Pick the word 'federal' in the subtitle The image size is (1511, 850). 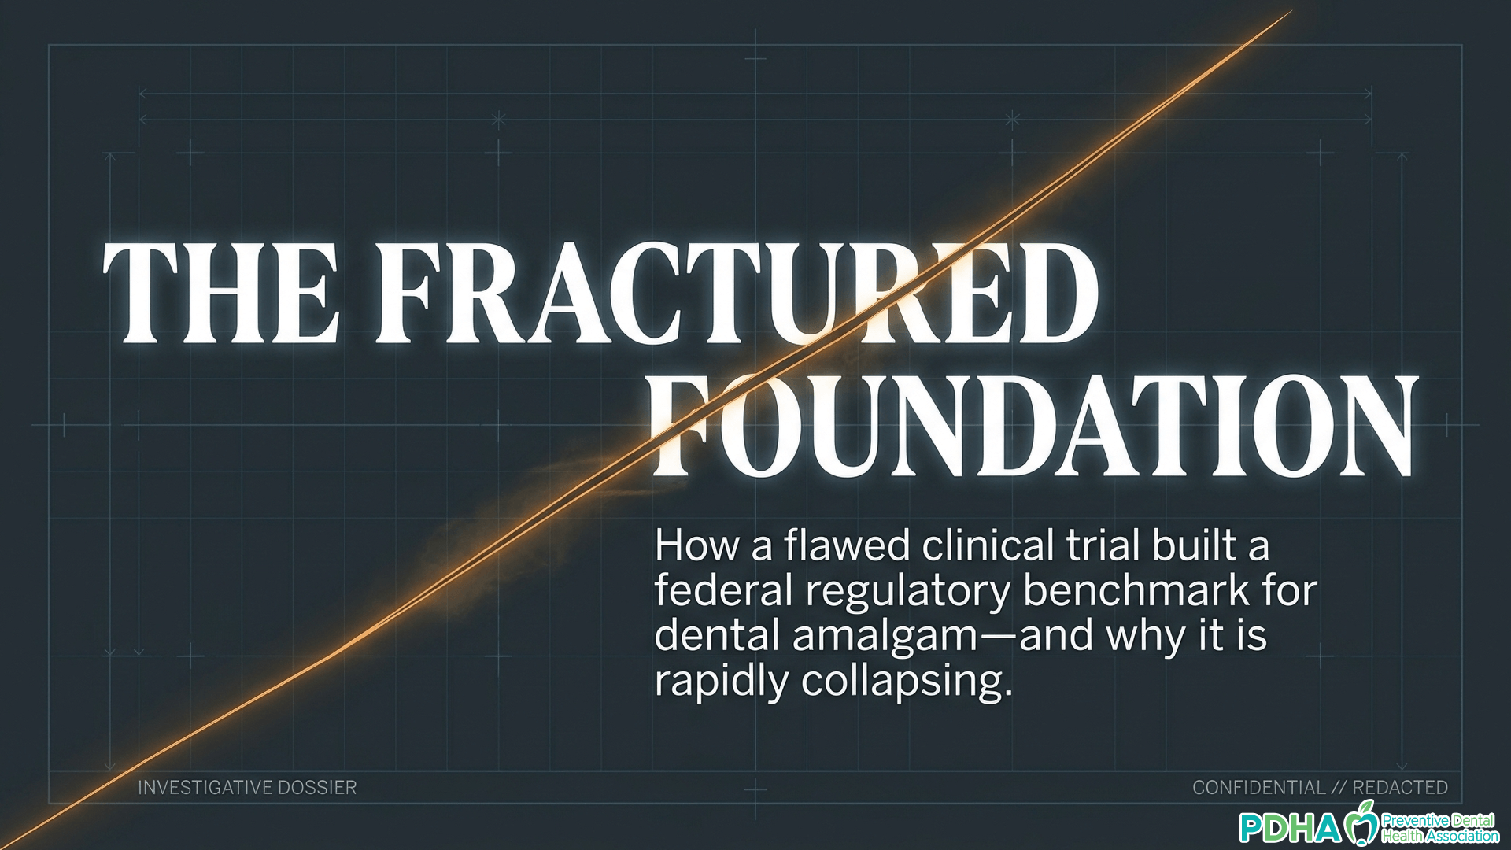[723, 589]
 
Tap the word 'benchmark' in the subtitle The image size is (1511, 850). [1136, 589]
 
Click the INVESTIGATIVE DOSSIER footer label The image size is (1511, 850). [247, 788]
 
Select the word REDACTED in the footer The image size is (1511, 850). [1401, 788]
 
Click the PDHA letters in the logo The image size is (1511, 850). [1290, 827]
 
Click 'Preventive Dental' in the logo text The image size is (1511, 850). [1438, 821]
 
